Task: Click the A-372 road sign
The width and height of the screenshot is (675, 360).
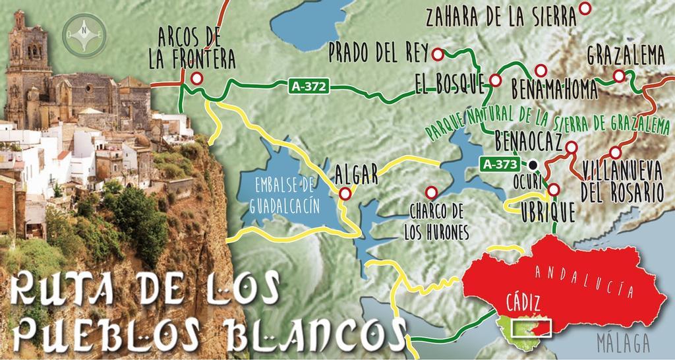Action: point(308,86)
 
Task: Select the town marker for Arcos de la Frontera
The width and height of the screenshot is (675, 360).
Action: point(196,78)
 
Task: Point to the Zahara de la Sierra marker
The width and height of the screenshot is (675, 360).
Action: point(585,9)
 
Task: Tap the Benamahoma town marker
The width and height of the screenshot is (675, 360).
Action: point(541,70)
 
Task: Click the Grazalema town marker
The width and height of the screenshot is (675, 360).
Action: point(618,76)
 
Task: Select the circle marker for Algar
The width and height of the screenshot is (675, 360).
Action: point(345,194)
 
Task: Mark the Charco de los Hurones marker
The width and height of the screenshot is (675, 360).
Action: point(432,192)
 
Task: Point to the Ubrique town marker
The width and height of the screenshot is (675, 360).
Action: point(554,190)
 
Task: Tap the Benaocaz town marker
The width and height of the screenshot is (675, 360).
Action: point(572,147)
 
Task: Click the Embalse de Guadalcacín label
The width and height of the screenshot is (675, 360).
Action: point(285,195)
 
